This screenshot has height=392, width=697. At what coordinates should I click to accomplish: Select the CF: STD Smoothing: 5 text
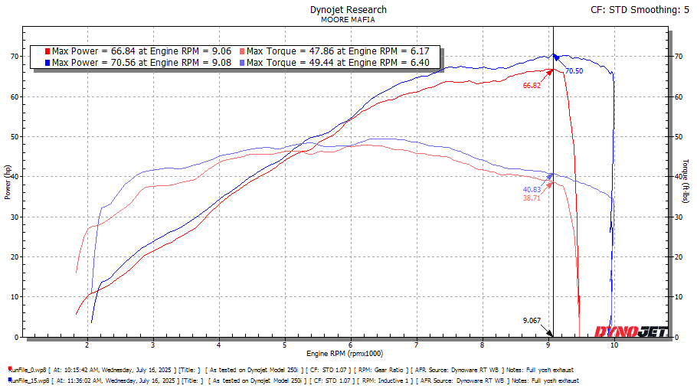click(640, 11)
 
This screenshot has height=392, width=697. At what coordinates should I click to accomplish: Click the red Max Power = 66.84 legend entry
click(139, 51)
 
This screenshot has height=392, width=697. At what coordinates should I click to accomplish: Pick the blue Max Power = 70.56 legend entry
click(139, 62)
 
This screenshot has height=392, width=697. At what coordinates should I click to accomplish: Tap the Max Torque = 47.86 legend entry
click(337, 51)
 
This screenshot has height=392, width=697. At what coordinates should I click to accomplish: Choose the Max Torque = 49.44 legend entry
click(337, 62)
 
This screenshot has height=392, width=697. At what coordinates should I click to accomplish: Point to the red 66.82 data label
click(532, 86)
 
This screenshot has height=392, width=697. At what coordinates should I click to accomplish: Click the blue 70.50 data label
click(574, 71)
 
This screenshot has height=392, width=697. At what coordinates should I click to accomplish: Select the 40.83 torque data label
click(532, 189)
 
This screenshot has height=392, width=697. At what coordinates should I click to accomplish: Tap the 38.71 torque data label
click(532, 198)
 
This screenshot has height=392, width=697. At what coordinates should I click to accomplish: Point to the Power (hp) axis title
click(8, 185)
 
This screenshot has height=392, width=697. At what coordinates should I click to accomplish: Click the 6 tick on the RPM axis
click(350, 345)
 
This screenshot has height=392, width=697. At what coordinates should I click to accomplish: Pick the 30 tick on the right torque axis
click(678, 217)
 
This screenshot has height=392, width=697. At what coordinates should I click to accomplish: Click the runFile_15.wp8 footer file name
click(30, 380)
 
